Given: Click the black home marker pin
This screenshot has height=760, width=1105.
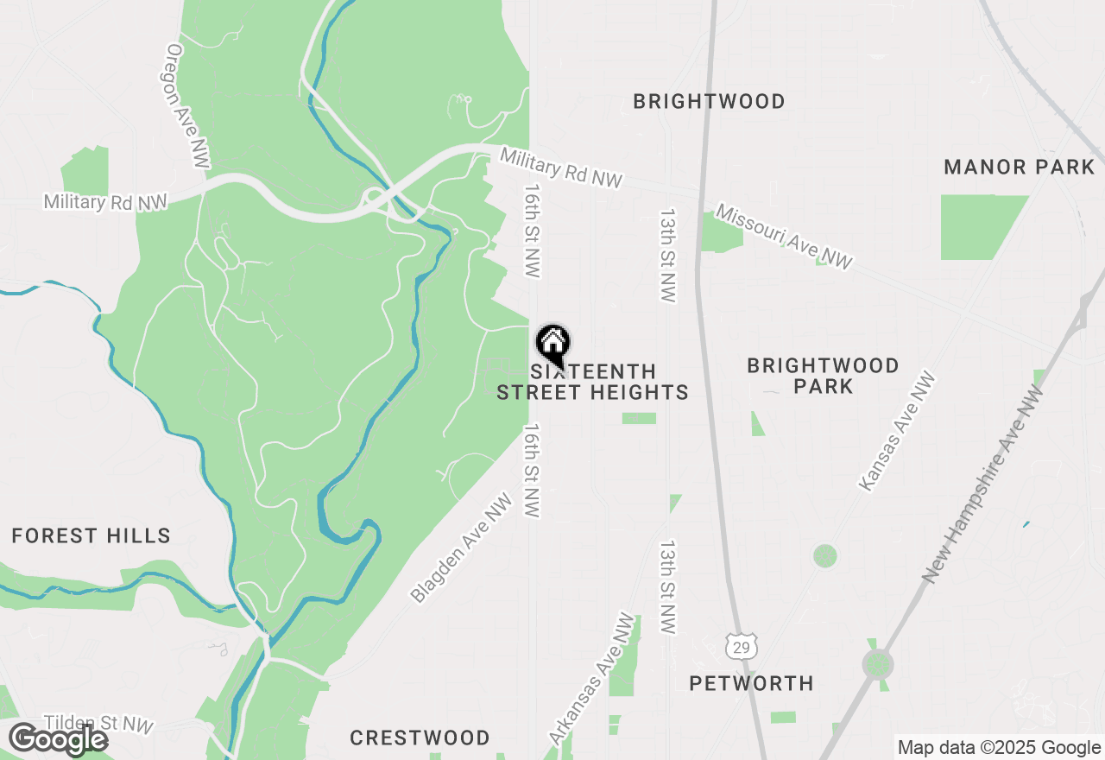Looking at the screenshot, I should (552, 344).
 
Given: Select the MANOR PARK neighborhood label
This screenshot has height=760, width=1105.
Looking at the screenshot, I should (1019, 167).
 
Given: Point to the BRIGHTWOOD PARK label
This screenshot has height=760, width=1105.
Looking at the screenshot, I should (823, 376).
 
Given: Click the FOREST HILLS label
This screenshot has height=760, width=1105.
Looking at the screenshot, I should (91, 535).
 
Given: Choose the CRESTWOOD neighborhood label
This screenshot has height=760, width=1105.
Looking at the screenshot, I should (420, 738).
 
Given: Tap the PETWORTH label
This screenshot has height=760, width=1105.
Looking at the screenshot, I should (751, 683).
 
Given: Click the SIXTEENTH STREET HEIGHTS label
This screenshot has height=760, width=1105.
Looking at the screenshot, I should (592, 382).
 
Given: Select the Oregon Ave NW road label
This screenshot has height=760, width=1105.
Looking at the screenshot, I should (188, 107).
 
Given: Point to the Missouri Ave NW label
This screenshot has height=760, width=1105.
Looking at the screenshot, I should (784, 237).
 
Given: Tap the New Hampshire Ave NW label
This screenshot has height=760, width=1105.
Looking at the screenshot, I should (982, 484).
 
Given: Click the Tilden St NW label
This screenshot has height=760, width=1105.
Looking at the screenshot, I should (86, 724).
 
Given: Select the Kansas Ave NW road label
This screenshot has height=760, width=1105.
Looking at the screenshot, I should (897, 432).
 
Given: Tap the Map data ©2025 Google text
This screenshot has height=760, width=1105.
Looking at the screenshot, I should (999, 748).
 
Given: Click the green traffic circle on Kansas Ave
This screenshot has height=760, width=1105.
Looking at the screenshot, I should (825, 555).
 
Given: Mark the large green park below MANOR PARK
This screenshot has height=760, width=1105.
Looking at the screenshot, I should (979, 226).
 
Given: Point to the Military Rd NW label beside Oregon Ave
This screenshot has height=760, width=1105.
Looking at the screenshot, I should (104, 202).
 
